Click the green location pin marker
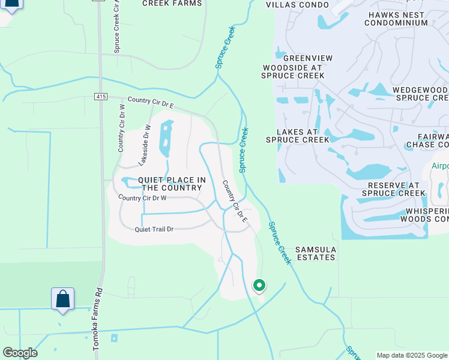pos(259,286)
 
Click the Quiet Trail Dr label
pos(154,229)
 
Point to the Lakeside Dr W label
pos(144,145)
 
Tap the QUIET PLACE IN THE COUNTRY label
pos(172,184)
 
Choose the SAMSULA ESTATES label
pos(316,253)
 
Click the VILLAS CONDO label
pos(298,5)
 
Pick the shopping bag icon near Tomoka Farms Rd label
pos(62,298)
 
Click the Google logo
pos(19,353)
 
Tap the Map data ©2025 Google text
pos(412,355)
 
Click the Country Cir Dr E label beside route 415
pos(151,103)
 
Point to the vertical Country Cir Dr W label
pos(122,127)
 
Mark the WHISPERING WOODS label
pos(426,215)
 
